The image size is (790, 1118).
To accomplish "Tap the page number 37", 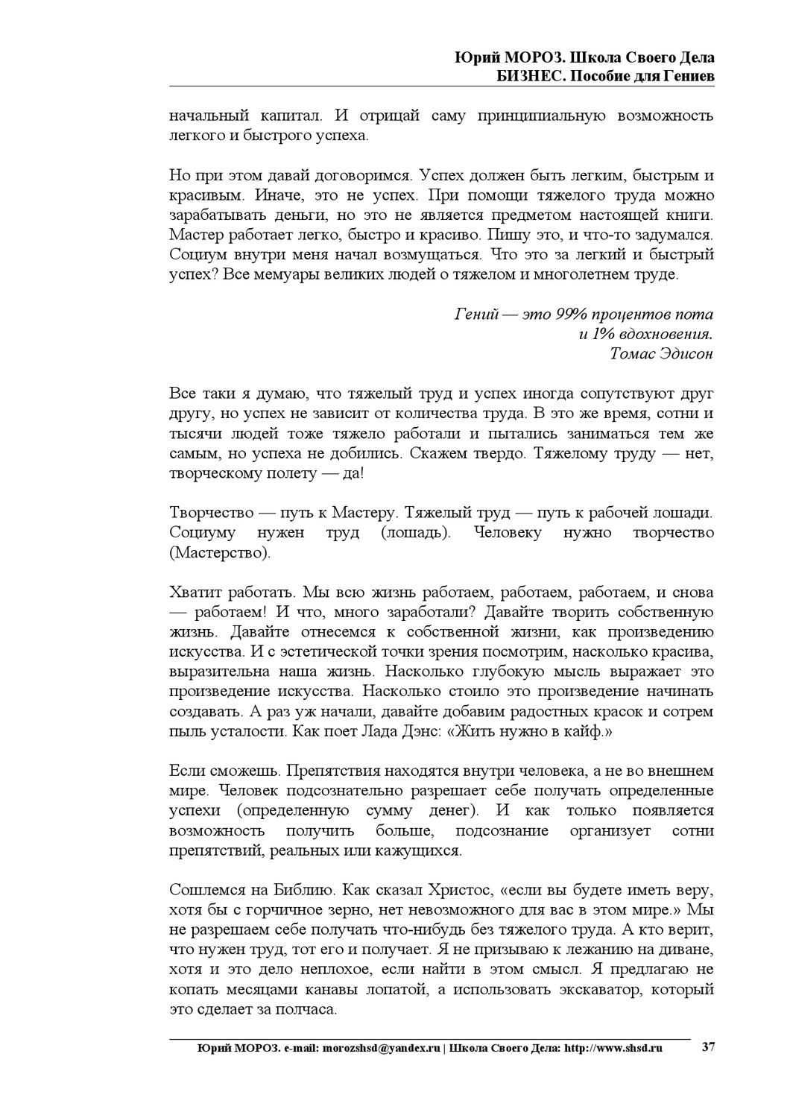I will click(709, 1047).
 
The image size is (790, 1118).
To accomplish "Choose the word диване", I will click(689, 950).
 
